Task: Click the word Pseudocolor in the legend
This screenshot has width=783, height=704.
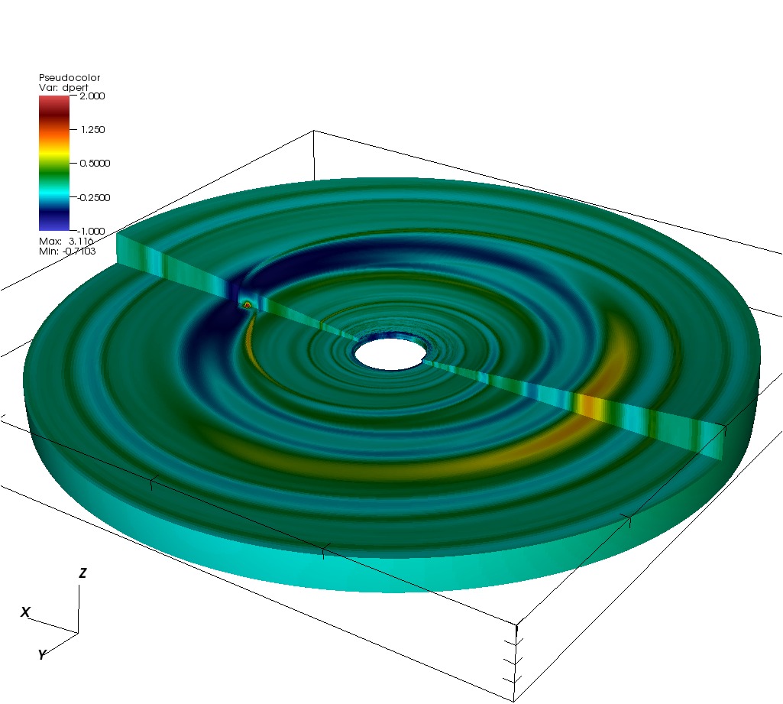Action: tap(70, 77)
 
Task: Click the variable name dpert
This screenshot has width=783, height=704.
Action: tap(76, 87)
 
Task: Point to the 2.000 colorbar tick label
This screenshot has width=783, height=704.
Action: tap(92, 96)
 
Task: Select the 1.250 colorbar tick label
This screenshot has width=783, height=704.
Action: tap(93, 129)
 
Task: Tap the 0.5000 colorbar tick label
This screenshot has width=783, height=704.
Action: tap(95, 164)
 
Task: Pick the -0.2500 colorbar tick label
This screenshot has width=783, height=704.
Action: tap(94, 197)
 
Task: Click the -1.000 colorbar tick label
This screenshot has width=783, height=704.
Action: tap(92, 231)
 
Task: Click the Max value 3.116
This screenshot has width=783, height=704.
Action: tap(81, 242)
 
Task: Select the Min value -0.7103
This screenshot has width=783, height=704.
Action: tap(79, 251)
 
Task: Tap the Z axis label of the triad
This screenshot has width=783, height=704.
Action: tap(83, 573)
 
